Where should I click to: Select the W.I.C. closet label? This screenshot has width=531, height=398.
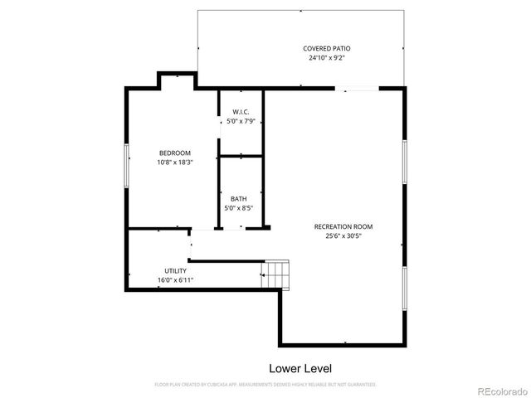pyautogui.click(x=241, y=112)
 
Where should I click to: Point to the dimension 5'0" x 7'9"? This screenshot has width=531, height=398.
pyautogui.click(x=241, y=122)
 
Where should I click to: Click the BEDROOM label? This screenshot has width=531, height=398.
pyautogui.click(x=175, y=153)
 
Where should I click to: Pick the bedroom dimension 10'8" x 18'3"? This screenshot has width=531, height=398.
pyautogui.click(x=175, y=163)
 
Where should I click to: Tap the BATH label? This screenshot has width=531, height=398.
pyautogui.click(x=239, y=198)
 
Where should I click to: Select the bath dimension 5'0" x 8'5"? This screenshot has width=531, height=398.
pyautogui.click(x=239, y=208)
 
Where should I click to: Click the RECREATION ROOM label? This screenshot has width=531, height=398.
pyautogui.click(x=343, y=226)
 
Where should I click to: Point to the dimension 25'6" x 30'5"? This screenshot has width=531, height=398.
pyautogui.click(x=343, y=236)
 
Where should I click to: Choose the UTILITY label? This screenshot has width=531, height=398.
pyautogui.click(x=175, y=270)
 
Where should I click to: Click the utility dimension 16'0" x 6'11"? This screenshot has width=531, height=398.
pyautogui.click(x=175, y=280)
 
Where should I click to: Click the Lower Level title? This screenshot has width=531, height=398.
pyautogui.click(x=300, y=367)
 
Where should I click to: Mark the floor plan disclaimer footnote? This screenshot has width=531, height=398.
pyautogui.click(x=265, y=385)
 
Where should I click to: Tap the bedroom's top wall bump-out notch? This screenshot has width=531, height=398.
pyautogui.click(x=176, y=77)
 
